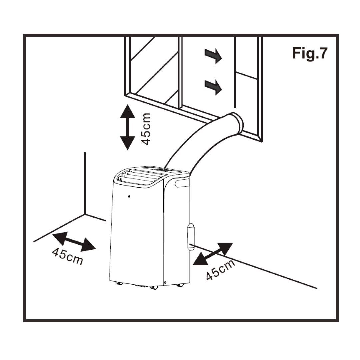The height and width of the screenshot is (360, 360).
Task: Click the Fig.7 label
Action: click(310, 53)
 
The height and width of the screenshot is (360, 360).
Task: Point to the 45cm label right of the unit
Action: click(220, 269)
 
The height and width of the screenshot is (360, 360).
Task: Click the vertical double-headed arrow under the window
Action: click(127, 127)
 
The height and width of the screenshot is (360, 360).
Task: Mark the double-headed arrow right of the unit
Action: click(213, 254)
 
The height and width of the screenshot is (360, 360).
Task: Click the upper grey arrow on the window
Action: click(213, 55)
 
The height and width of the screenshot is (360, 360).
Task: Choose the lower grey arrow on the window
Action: click(213, 87)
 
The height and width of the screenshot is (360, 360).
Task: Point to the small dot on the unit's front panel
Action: click(129, 196)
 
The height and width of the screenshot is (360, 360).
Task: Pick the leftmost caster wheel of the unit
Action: click(119, 283)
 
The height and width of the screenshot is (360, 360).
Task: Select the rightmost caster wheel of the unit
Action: click(180, 285)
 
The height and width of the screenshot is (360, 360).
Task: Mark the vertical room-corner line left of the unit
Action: click(85, 183)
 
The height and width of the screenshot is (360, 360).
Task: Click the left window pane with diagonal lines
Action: click(153, 67)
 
